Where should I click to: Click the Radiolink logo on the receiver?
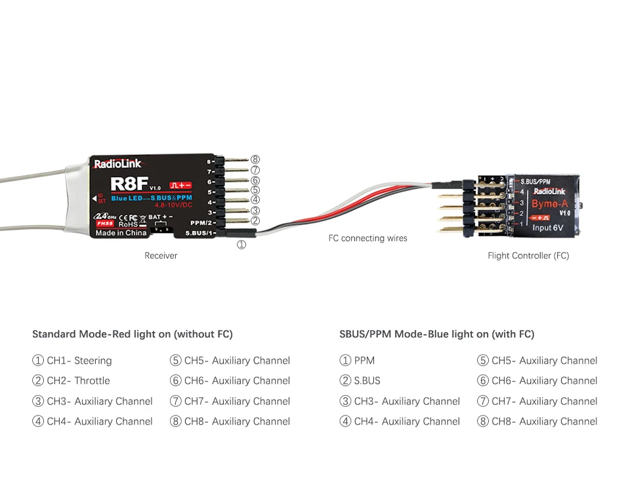pos(117,164)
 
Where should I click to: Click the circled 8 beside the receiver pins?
pos(255,159)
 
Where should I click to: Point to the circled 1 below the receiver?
pos(241,245)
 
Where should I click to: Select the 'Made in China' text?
pos(121,233)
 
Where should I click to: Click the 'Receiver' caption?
pos(161,255)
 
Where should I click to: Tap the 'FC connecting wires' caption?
pos(367,238)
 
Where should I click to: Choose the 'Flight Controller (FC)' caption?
pos(528,255)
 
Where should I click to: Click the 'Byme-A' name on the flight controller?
pos(549,203)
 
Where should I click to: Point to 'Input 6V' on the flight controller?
pos(547,228)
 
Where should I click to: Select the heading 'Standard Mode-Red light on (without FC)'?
pos(133,334)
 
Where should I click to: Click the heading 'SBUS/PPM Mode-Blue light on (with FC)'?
pos(436,334)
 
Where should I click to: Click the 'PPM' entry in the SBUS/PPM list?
pos(364,360)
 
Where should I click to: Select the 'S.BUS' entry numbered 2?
pos(367,381)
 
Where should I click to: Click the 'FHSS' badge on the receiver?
pos(105,223)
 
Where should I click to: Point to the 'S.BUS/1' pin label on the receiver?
pos(199,233)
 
